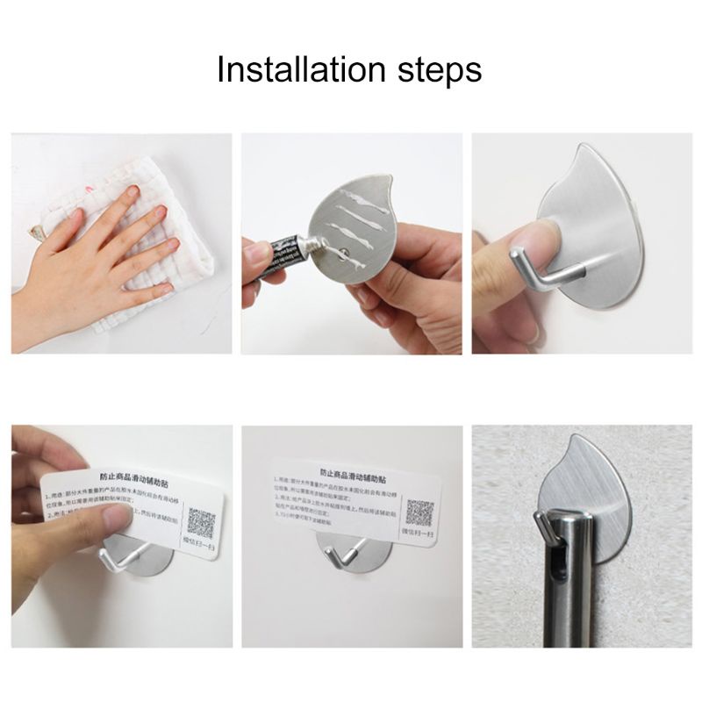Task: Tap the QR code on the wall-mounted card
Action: pyautogui.click(x=419, y=514)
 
